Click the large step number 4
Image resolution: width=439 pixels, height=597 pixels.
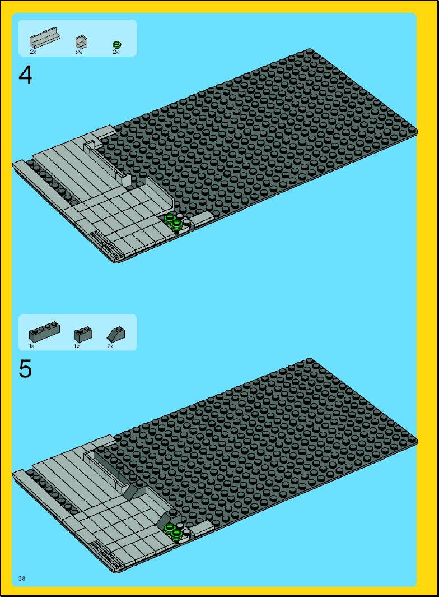point(25,75)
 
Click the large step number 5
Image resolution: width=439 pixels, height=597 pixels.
point(25,369)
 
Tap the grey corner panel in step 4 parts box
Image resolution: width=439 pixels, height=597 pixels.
point(81,41)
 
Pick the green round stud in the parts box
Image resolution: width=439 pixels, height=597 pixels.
point(117,44)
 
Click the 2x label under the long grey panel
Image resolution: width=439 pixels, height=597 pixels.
point(32,52)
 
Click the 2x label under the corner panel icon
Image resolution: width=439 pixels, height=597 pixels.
point(79,52)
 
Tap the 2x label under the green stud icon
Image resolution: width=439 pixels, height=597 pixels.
point(116,52)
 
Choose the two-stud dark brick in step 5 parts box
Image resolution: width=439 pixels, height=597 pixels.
point(83,334)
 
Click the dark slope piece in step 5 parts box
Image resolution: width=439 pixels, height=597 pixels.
point(116,334)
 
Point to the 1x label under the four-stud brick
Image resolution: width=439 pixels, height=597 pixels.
point(31,346)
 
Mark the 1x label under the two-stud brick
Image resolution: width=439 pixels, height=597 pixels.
point(77,346)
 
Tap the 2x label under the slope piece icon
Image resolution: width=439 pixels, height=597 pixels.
point(110,346)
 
